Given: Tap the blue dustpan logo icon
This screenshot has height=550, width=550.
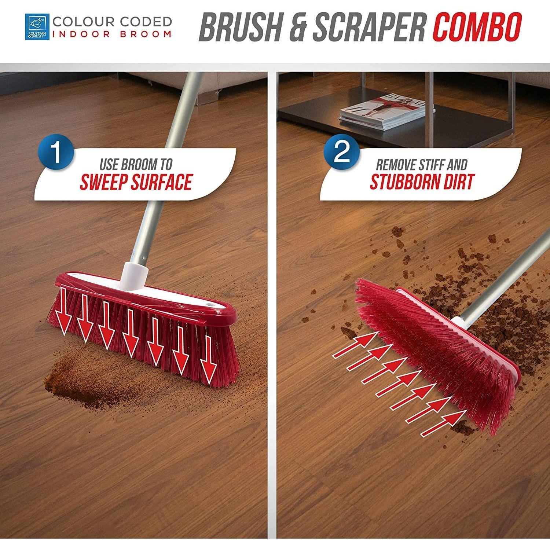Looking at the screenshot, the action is click(x=37, y=26).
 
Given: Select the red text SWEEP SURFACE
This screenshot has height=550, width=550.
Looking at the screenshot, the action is click(x=136, y=182).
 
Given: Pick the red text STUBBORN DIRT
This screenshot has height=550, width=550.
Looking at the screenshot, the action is click(x=422, y=181).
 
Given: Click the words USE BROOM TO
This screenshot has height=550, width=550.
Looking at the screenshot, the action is click(x=136, y=165).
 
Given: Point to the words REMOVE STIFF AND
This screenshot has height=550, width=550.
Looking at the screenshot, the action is click(x=422, y=165).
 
